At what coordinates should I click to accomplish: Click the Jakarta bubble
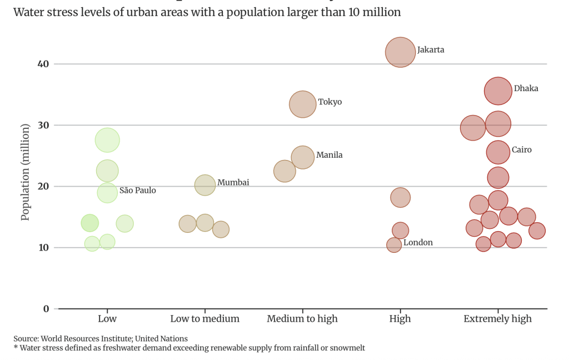400,52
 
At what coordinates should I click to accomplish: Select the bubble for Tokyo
302,104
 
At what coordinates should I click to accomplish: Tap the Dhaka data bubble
498,91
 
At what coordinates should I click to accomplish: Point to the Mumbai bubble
205,184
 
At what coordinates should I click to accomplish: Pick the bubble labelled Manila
302,157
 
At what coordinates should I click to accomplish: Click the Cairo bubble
498,152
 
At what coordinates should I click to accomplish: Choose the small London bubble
394,245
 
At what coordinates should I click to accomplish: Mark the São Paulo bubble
107,192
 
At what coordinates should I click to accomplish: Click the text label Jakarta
431,49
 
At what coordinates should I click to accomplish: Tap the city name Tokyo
330,102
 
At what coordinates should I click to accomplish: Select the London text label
418,243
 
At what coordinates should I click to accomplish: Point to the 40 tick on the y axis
43,64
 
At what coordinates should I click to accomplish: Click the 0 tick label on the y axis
46,309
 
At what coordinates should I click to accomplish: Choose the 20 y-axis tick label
43,186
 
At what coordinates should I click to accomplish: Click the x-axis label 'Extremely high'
497,319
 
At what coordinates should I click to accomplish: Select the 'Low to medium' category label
204,319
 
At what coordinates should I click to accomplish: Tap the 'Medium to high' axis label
302,319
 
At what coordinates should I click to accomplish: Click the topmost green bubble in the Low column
107,140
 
